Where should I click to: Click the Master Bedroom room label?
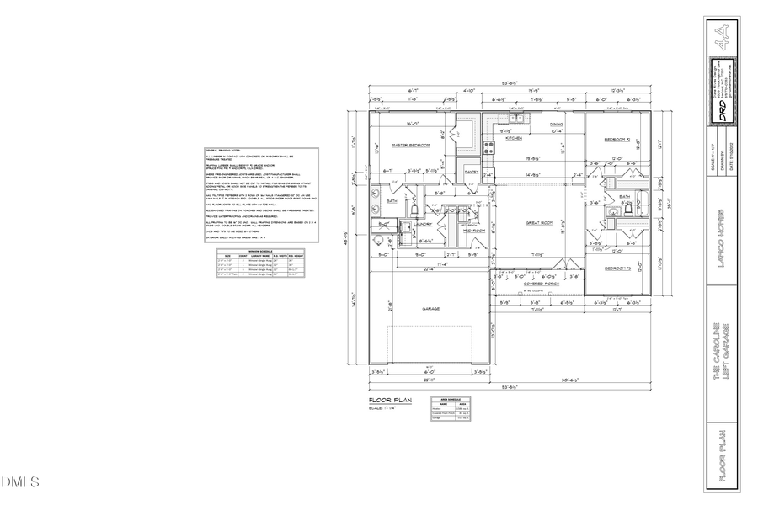pyautogui.click(x=411, y=146)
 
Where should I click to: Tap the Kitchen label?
pyautogui.click(x=514, y=138)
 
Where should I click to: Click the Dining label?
pyautogui.click(x=557, y=125)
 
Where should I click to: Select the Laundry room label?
pyautogui.click(x=423, y=225)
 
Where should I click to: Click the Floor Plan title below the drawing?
pyautogui.click(x=389, y=401)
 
